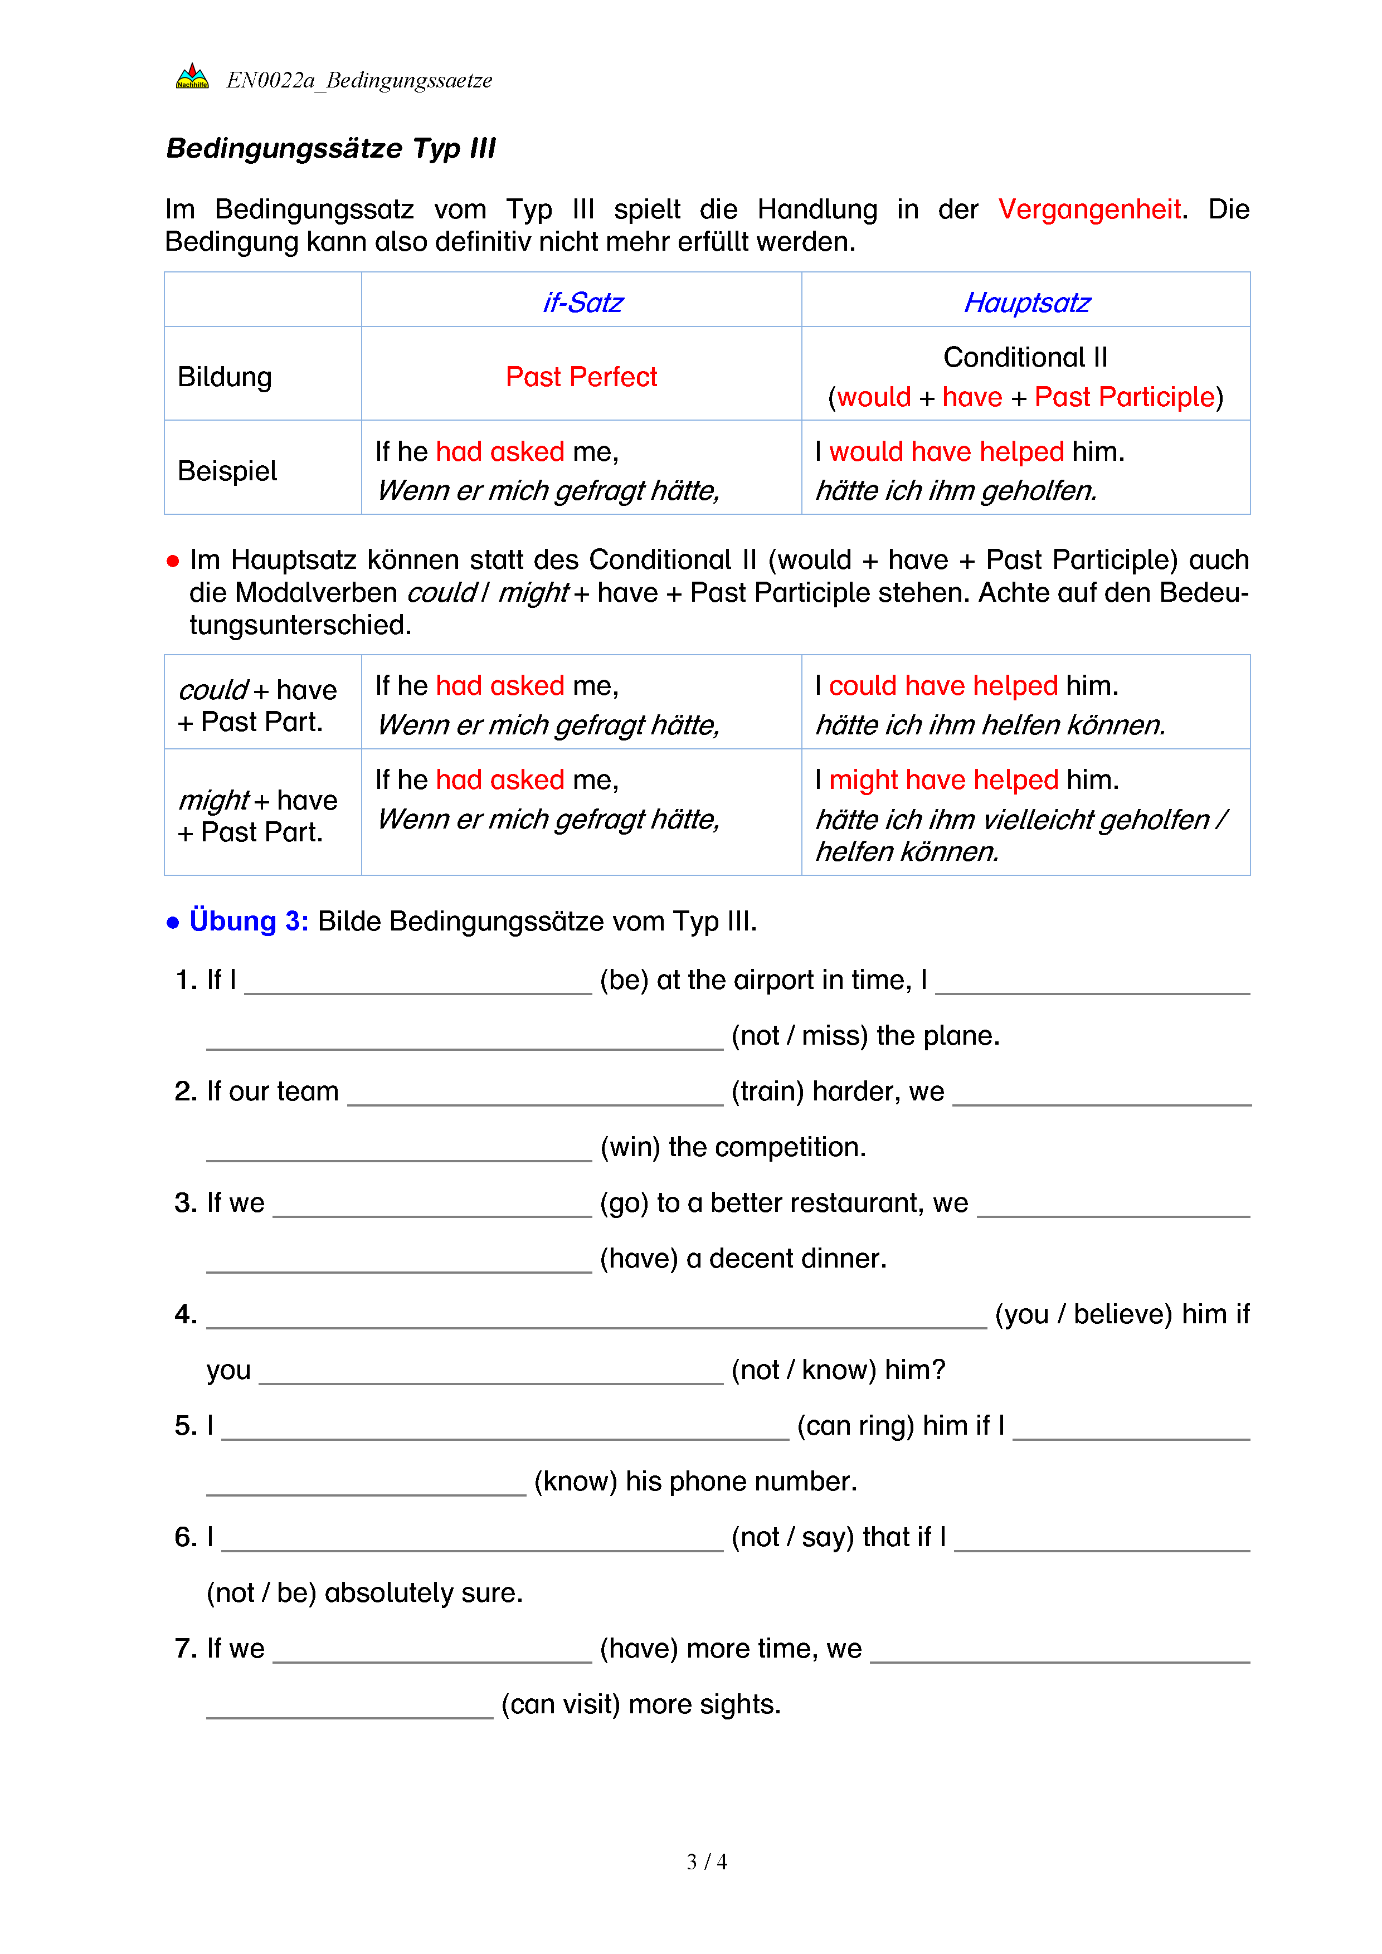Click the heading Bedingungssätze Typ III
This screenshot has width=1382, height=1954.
click(330, 148)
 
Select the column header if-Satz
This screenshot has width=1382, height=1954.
click(582, 303)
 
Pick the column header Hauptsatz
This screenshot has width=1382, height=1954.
click(1026, 303)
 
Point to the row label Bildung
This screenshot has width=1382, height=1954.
click(225, 377)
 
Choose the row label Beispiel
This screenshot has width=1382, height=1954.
click(227, 471)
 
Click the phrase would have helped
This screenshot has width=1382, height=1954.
click(946, 452)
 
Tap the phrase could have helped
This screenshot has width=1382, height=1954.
click(943, 686)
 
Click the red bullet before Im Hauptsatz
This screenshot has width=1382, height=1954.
click(173, 561)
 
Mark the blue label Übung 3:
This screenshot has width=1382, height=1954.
click(249, 922)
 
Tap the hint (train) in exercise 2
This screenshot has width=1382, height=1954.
click(767, 1092)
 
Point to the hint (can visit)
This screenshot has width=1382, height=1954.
click(561, 1704)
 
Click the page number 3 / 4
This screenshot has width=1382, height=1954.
click(706, 1862)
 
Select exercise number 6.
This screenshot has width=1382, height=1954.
click(186, 1538)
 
